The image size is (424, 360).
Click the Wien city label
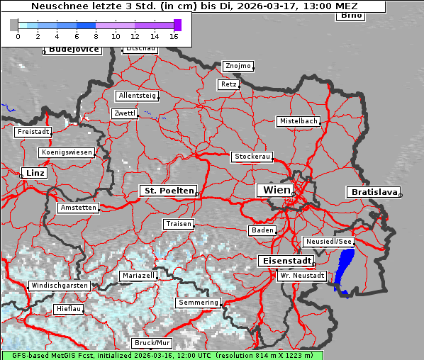[x=277, y=190]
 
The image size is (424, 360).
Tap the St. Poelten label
[x=168, y=191]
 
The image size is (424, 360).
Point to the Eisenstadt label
[x=284, y=261]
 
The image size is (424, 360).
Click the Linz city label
[x=33, y=173]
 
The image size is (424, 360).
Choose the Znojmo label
[x=238, y=66]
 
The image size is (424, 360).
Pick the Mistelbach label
[x=299, y=121]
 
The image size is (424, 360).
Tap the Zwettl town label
[x=125, y=113]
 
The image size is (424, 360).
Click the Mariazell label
[x=138, y=275]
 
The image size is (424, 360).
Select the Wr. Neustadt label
[x=302, y=275]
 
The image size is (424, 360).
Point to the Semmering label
[x=199, y=303]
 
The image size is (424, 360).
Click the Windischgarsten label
[x=59, y=286]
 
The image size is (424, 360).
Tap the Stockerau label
[x=252, y=157]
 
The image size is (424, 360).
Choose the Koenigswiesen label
[x=67, y=152]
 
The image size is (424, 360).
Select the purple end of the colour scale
[x=177, y=25]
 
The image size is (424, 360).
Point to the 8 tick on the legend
[x=96, y=35]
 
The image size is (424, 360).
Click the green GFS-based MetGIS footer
[x=162, y=355]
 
